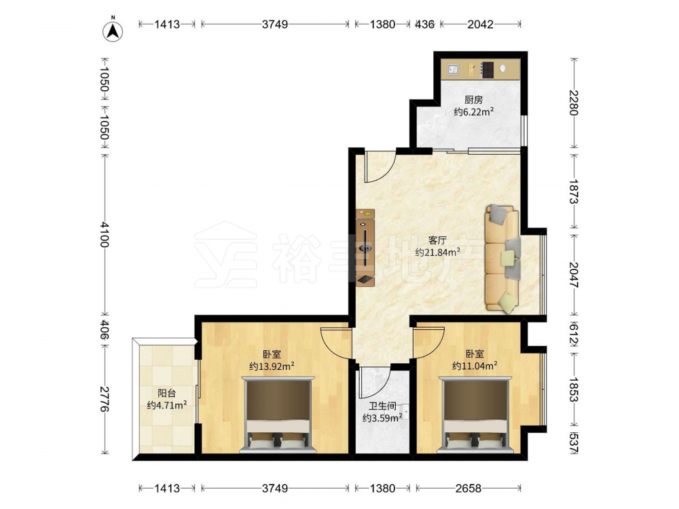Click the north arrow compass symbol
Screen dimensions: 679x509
pos(113,31)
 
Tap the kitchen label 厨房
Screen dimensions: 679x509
pos(473,100)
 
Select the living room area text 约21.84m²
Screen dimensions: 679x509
pos(437,252)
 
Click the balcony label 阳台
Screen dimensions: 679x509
pos(167,394)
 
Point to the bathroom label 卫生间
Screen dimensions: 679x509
pos(382,407)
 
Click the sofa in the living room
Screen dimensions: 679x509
pos(502,259)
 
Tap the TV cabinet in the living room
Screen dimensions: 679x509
pos(365,248)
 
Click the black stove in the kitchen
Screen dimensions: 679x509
pos(487,70)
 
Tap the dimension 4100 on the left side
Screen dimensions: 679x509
pos(105,234)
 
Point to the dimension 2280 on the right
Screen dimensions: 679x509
pos(574,102)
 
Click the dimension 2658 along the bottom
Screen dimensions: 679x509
pos(468,489)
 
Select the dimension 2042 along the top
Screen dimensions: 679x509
pos(480,24)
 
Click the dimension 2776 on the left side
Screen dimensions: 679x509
pos(105,398)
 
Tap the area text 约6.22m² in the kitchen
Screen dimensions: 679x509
pos(474,112)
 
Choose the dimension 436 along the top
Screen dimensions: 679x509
pos(424,24)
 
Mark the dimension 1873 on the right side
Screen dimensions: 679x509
pos(574,192)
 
